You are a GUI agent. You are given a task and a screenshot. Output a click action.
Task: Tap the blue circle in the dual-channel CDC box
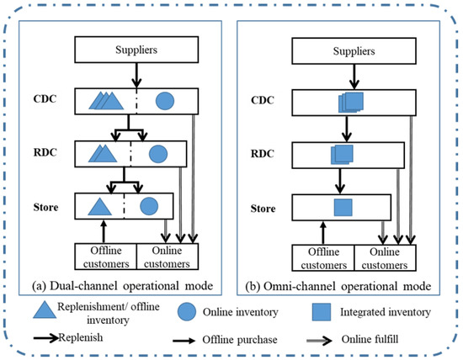[x=165, y=103]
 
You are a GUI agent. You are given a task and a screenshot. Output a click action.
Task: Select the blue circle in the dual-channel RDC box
[x=157, y=155]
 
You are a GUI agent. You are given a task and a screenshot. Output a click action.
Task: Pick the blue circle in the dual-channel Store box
[x=149, y=206]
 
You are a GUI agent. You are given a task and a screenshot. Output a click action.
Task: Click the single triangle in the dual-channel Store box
[x=99, y=206]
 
